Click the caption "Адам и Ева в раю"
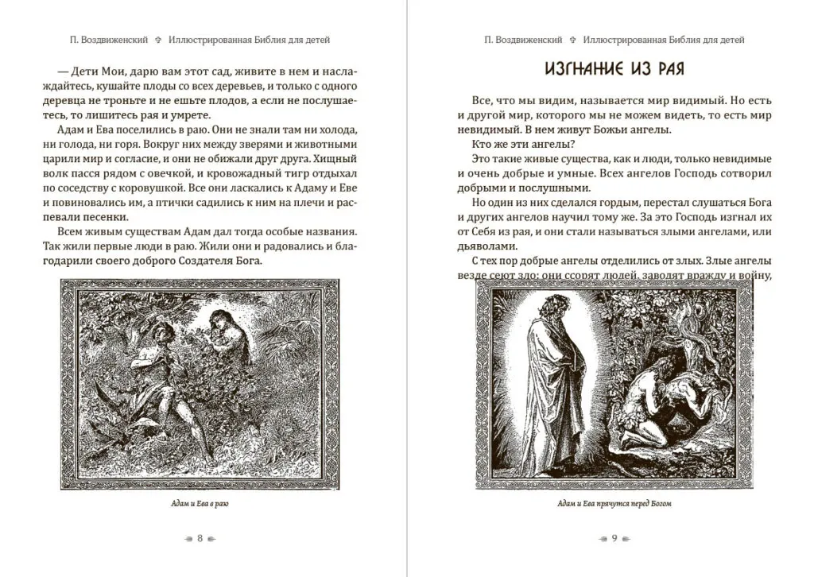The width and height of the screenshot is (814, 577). coord(200,504)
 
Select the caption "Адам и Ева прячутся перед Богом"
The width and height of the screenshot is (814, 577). coord(614,504)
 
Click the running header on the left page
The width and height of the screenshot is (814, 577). coord(200,38)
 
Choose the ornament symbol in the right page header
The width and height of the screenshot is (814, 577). coord(572,38)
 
